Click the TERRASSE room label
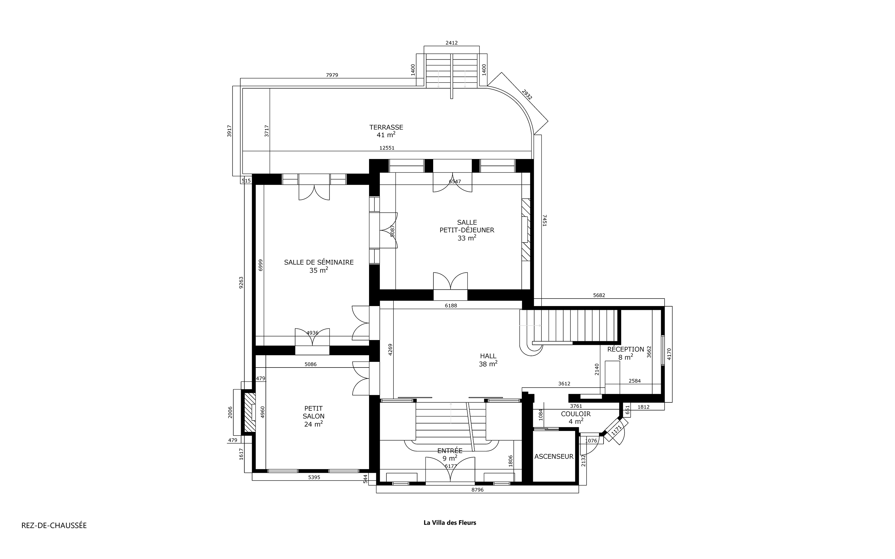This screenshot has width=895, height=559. pos(386,127)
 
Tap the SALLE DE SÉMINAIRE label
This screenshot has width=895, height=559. pos(319,262)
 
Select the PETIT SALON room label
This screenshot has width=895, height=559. pos(314,412)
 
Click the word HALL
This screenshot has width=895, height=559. pos(488,356)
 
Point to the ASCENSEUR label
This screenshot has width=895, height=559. pos(554,457)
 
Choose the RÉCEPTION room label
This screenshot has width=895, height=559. pos(626,349)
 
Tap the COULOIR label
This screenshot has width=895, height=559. pos(575,414)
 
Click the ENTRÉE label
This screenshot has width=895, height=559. pos(450,451)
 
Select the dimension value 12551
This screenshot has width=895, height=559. pos(387,148)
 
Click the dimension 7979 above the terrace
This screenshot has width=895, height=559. pos(332,75)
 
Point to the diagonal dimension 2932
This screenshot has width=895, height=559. pos(527,95)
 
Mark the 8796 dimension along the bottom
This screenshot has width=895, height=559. pos(477,490)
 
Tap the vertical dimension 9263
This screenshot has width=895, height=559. pos(241,282)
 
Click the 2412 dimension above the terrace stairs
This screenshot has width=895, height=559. pos(451,43)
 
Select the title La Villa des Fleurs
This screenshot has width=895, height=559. pos(450,523)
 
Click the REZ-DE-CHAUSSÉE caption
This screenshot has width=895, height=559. pos(54,526)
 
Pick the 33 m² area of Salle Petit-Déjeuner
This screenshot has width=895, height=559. pos(467,238)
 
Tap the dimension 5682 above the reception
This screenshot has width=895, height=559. pos(599,295)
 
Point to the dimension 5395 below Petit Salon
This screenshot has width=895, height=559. pos(314,477)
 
